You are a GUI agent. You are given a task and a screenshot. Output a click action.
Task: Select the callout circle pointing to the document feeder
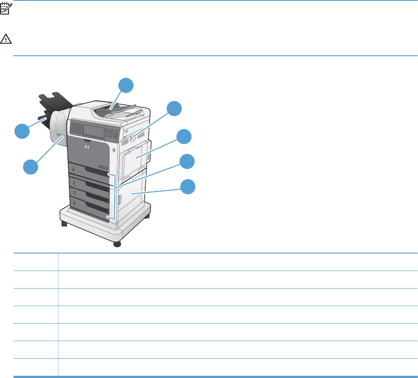126,85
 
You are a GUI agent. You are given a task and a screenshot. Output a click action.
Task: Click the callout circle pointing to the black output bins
22,131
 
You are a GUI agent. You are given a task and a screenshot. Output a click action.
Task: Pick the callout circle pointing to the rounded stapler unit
31,167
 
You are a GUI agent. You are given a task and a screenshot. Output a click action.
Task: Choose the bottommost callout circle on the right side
188,187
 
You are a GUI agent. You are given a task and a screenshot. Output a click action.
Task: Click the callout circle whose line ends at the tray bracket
187,161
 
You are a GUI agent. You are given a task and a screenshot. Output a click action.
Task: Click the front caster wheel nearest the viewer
117,244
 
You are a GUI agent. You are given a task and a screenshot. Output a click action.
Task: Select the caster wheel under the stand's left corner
64,223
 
